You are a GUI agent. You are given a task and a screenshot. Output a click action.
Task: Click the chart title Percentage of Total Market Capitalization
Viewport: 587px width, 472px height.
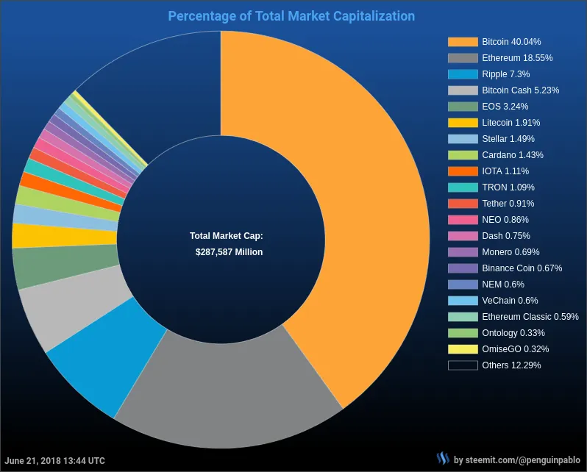(291, 15)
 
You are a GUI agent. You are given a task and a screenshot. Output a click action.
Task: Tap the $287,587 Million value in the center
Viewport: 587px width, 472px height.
(229, 251)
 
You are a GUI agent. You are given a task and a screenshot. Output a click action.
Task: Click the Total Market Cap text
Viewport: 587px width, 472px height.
(227, 236)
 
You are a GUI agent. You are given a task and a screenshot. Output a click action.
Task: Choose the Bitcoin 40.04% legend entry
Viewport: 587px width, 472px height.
(511, 42)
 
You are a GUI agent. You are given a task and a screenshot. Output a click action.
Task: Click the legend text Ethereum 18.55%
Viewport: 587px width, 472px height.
(517, 58)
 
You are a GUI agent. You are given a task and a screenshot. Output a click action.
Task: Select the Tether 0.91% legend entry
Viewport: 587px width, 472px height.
(508, 204)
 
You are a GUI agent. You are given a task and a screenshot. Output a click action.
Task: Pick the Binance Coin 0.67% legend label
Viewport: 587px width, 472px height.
(522, 268)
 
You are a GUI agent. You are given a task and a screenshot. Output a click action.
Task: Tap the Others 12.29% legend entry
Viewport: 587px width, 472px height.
(511, 365)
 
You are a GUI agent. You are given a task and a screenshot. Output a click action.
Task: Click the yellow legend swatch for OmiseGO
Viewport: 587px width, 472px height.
(462, 349)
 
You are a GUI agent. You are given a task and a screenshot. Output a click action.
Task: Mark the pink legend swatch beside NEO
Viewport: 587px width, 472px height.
(462, 220)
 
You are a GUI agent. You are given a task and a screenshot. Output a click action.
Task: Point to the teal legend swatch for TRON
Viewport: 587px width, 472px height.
(462, 187)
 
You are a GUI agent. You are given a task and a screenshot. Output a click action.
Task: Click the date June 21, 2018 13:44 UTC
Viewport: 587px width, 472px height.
(56, 461)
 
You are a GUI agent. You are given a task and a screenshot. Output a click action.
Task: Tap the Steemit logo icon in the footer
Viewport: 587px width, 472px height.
(442, 460)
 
